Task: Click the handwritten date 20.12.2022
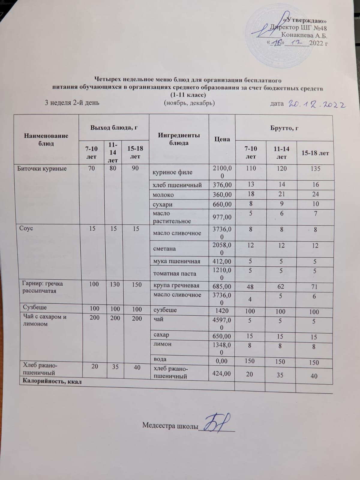pyautogui.click(x=317, y=105)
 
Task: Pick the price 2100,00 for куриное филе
pyautogui.click(x=222, y=172)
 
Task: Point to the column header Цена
pyautogui.click(x=222, y=139)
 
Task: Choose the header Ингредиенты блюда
pyautogui.click(x=179, y=139)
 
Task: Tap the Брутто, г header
pyautogui.click(x=284, y=128)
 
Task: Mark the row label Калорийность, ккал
pyautogui.click(x=51, y=382)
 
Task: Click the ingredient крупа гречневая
pyautogui.click(x=176, y=286)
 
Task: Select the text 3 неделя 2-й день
pyautogui.click(x=72, y=103)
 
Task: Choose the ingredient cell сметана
pyautogui.click(x=164, y=249)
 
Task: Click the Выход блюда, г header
pyautogui.click(x=114, y=127)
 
